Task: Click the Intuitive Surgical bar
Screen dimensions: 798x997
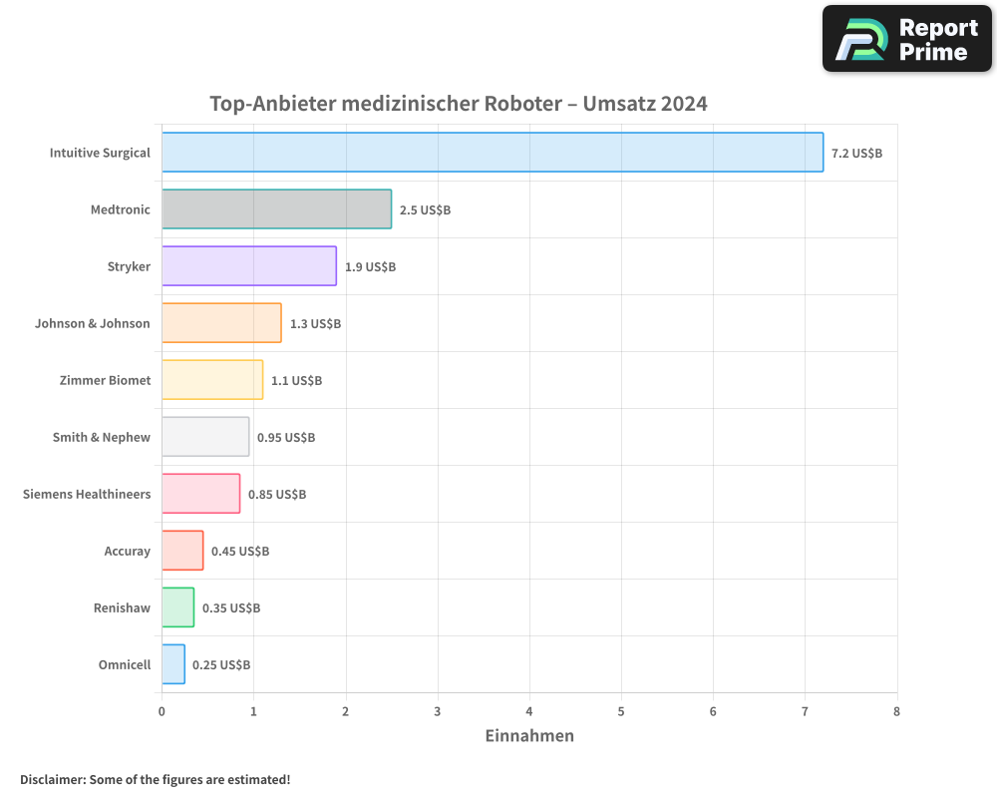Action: (493, 153)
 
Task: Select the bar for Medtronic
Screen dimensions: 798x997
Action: (276, 209)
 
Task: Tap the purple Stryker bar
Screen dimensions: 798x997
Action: (249, 266)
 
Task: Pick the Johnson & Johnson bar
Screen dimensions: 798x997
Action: (221, 323)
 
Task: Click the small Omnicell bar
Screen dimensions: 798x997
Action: (173, 664)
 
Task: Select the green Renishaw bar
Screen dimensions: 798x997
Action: (177, 607)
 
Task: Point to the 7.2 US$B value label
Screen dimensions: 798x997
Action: (856, 153)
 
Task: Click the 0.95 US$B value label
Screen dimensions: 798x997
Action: (286, 437)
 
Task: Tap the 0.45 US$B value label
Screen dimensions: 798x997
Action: (240, 551)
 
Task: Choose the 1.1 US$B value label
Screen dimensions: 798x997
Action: (296, 380)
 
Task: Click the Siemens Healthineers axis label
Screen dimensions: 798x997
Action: (87, 494)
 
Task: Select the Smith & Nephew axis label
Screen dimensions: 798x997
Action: (101, 437)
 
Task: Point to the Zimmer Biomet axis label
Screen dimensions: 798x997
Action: (105, 380)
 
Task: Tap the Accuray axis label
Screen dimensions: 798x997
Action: (127, 551)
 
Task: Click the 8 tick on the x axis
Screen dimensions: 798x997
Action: (896, 711)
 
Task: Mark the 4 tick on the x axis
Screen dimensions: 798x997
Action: (529, 711)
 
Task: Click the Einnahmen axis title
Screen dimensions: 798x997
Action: (529, 736)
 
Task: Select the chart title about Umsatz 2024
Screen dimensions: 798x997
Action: (459, 104)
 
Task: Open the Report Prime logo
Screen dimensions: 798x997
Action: (906, 39)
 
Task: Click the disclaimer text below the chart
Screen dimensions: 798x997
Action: (155, 779)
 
